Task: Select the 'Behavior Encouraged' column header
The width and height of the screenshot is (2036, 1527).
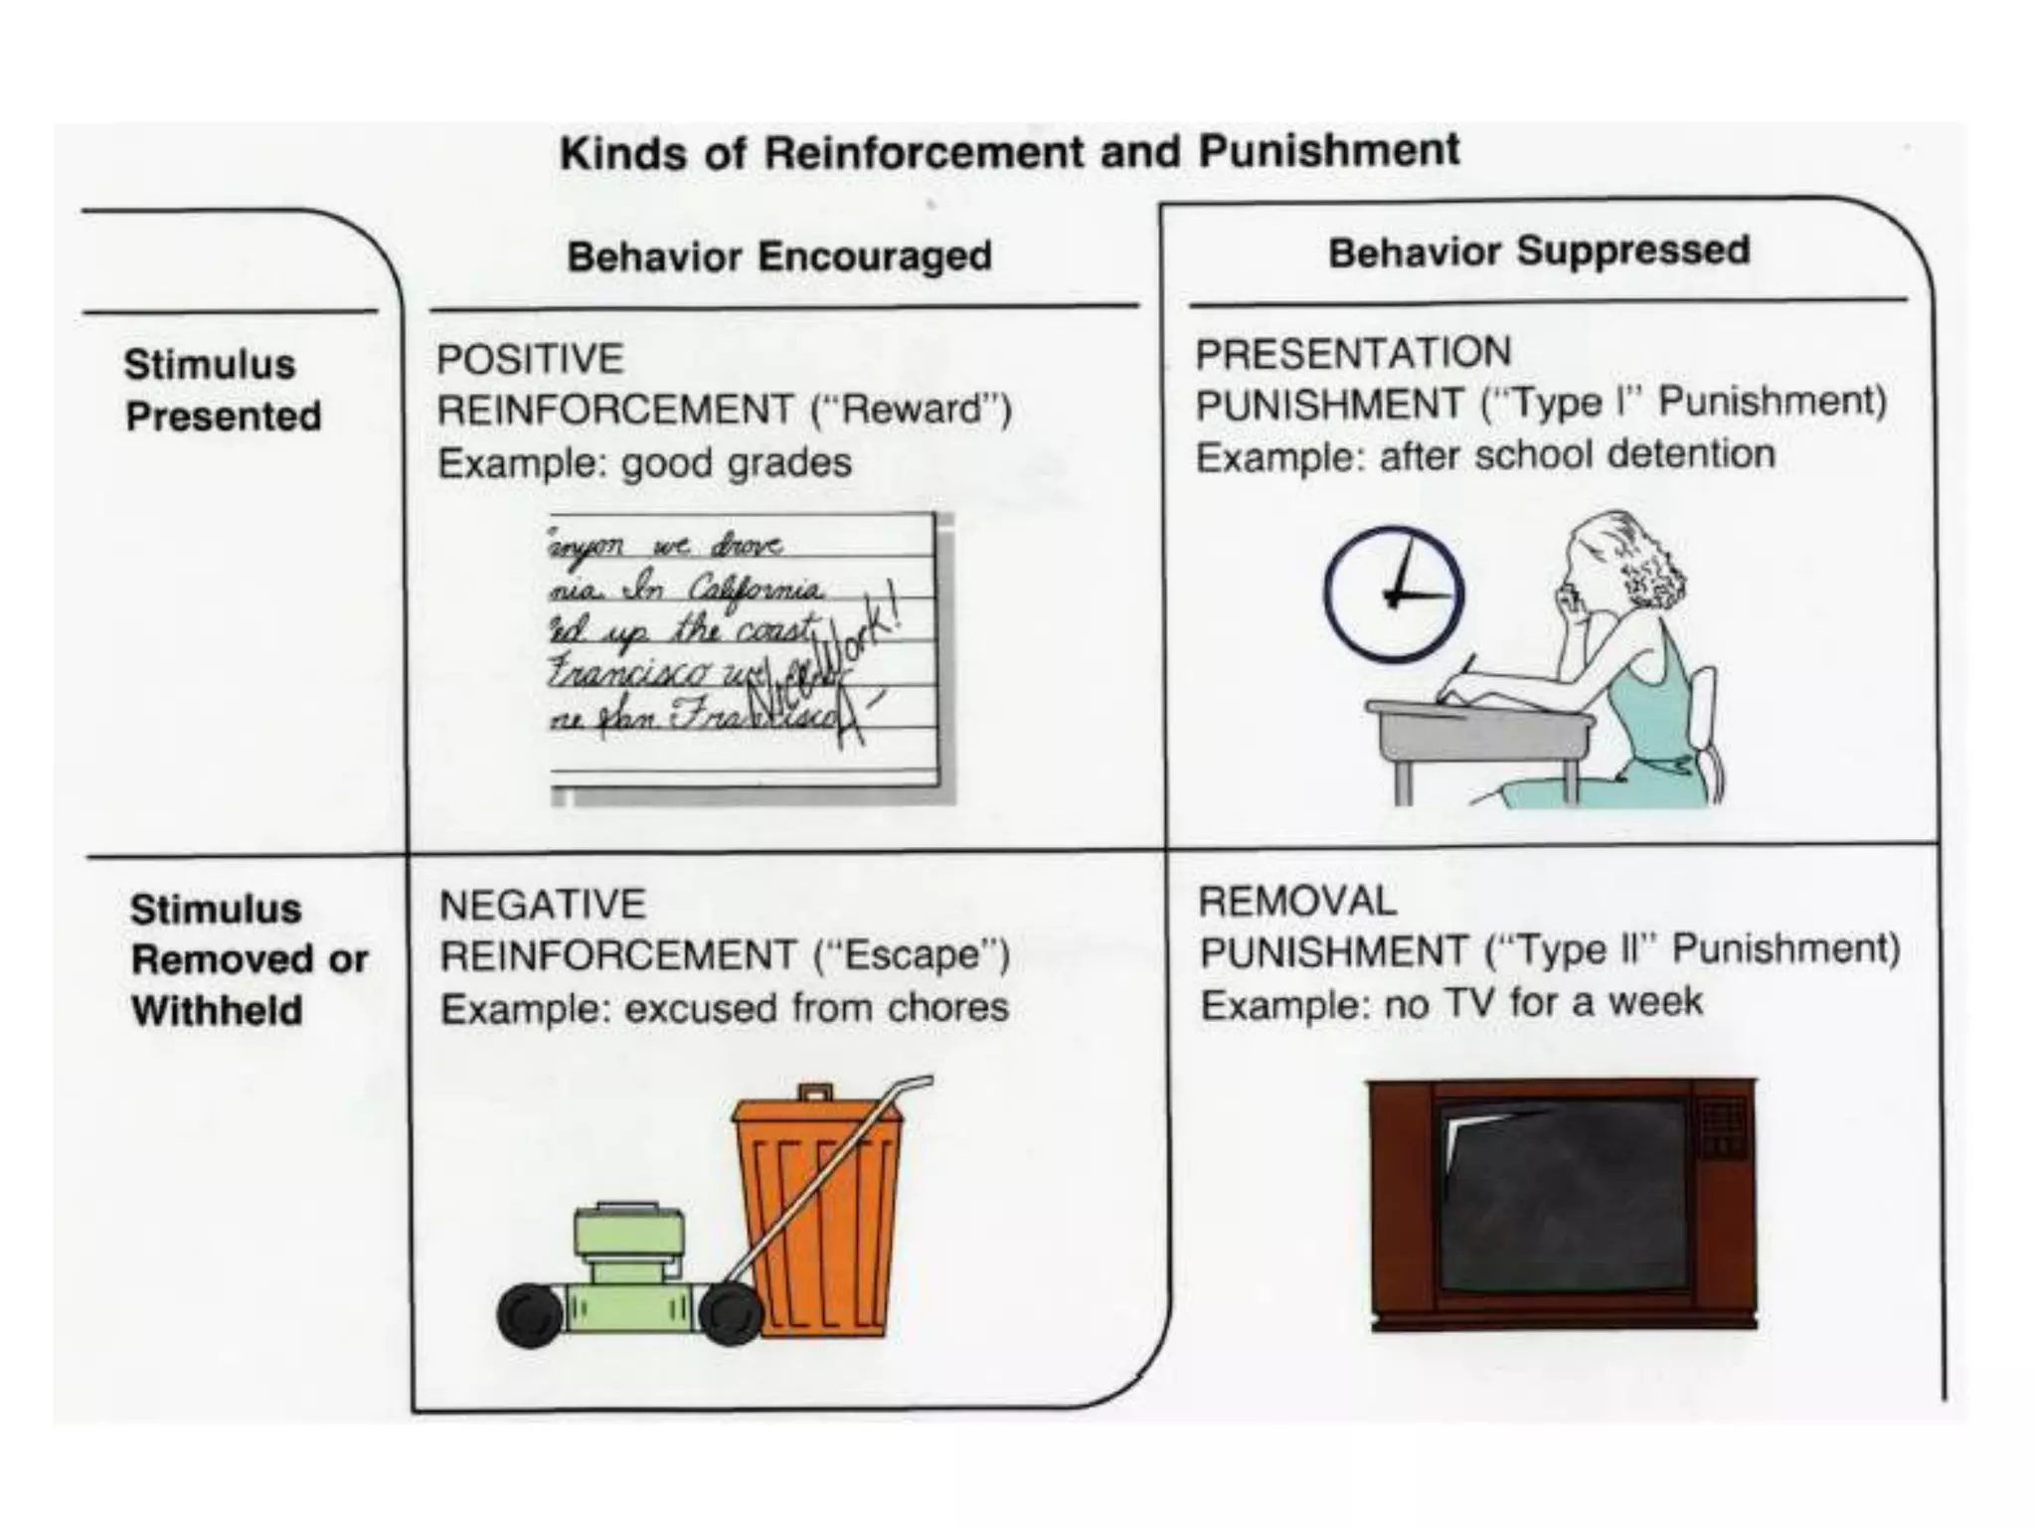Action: [779, 256]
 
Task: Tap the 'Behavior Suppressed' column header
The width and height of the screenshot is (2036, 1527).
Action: [1538, 251]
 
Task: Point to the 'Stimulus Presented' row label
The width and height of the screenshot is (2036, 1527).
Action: [223, 390]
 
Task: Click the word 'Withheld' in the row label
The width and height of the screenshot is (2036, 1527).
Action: [217, 1011]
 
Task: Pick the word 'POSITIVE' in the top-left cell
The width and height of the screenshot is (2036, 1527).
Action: [530, 359]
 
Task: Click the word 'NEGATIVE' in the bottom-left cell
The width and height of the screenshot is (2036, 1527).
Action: [543, 905]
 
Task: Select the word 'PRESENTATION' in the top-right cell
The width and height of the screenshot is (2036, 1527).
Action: [1353, 353]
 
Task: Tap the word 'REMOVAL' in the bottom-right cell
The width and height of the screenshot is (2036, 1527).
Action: [1297, 902]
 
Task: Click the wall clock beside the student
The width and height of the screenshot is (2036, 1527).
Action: [1394, 594]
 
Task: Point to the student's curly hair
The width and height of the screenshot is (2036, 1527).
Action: [1645, 572]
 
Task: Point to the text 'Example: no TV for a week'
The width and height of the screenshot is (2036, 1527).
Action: [1451, 1003]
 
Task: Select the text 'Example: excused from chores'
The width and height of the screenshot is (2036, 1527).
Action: [725, 1008]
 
